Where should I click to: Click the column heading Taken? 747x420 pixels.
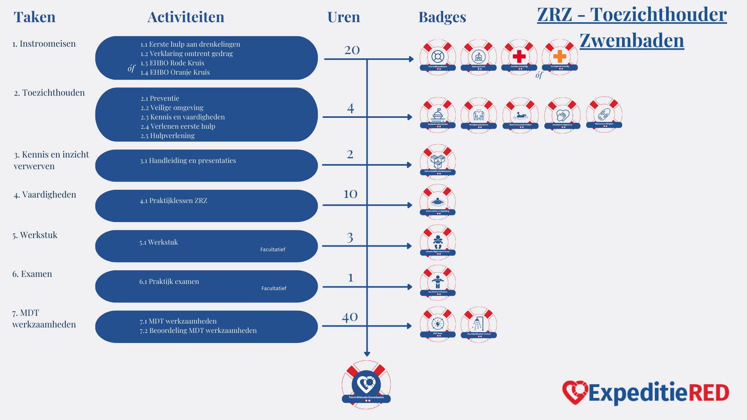35,17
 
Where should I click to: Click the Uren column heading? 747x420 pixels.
344,17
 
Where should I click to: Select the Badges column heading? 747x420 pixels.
442,17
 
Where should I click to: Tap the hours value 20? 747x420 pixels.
352,50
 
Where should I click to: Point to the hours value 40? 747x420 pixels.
350,317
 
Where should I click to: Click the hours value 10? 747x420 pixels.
350,194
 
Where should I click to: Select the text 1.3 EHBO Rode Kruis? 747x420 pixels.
172,63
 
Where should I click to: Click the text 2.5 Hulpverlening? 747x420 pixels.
167,136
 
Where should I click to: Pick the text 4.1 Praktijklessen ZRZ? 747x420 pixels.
174,201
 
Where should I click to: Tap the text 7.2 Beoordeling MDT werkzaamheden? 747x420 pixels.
198,331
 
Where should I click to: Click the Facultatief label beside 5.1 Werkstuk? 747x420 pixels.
273,250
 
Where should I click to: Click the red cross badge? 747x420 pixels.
519,57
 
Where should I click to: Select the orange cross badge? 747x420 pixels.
559,57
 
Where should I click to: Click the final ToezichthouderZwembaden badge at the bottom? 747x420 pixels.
366,385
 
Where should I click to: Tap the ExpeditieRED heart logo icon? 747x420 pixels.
574,392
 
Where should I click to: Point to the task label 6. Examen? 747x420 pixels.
32,274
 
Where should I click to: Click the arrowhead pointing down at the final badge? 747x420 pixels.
367,354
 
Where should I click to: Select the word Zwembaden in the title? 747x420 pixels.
632,40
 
